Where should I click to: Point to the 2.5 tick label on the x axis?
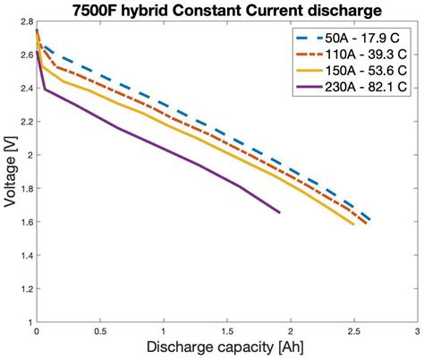pyautogui.click(x=353, y=331)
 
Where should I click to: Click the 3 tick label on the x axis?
pyautogui.click(x=417, y=331)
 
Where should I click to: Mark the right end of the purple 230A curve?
pyautogui.click(x=279, y=212)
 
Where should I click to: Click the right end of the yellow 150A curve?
pyautogui.click(x=353, y=224)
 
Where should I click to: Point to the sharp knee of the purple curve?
pyautogui.click(x=44, y=88)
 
